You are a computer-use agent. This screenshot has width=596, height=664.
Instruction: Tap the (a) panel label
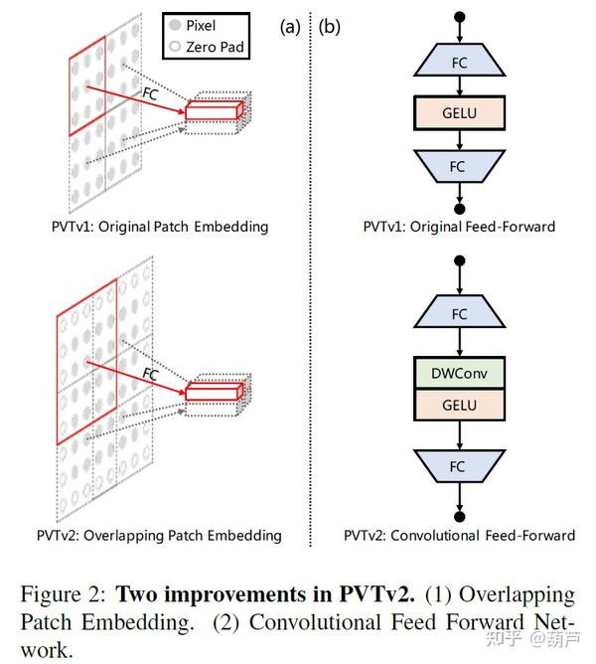pos(289,27)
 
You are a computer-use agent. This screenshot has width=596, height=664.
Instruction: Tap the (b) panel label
pos(329,27)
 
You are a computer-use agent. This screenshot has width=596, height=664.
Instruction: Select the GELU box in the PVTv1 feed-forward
pos(459,113)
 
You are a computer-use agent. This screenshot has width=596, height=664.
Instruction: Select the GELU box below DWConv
pos(459,405)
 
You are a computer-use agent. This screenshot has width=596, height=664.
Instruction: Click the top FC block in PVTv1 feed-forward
pos(459,63)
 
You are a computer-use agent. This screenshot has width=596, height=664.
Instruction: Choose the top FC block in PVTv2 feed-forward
pos(459,313)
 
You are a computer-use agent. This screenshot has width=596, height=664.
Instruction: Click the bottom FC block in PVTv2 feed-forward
pos(459,465)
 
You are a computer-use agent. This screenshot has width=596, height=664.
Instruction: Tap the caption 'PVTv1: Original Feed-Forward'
pos(459,227)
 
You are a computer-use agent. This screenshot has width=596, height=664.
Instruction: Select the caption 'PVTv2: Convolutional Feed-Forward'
pos(459,536)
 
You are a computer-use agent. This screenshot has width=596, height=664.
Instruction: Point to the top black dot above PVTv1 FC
pos(459,18)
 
